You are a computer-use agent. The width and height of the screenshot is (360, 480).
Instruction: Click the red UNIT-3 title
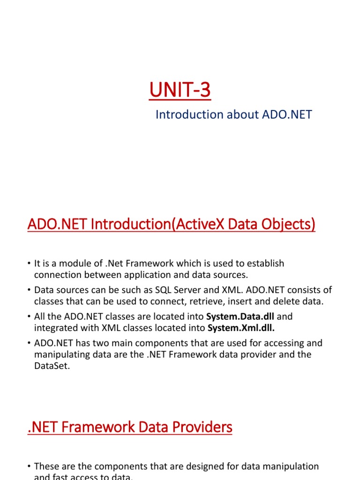[x=180, y=90]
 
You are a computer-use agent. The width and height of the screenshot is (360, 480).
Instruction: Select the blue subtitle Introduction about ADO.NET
[x=233, y=114]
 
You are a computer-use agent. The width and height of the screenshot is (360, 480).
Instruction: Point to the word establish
[x=265, y=263]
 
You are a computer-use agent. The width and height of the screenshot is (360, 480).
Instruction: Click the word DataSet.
[x=52, y=366]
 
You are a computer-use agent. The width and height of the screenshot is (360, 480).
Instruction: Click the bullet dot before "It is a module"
[x=29, y=264]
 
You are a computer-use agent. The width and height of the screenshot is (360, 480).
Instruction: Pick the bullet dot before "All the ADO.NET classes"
[x=29, y=317]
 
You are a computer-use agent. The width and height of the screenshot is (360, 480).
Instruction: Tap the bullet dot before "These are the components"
[x=29, y=467]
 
